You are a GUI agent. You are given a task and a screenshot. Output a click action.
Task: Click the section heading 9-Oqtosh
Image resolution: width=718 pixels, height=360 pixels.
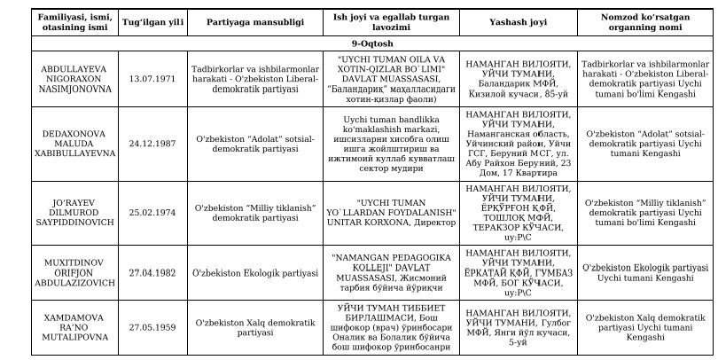(358, 41)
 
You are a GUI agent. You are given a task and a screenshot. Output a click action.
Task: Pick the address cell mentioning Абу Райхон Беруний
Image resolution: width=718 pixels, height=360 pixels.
(517, 141)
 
